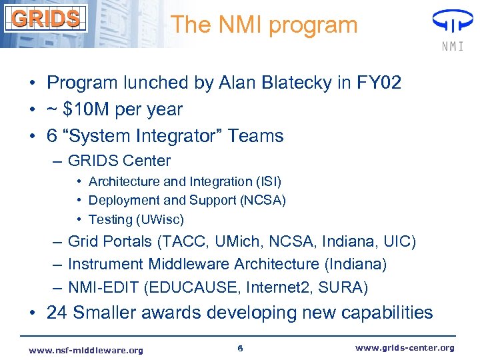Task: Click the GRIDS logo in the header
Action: coord(46,18)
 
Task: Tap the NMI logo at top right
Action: coord(453,30)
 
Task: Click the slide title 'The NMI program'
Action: coord(264,25)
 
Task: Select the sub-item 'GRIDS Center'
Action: coord(119,161)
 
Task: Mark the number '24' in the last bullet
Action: coord(58,313)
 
